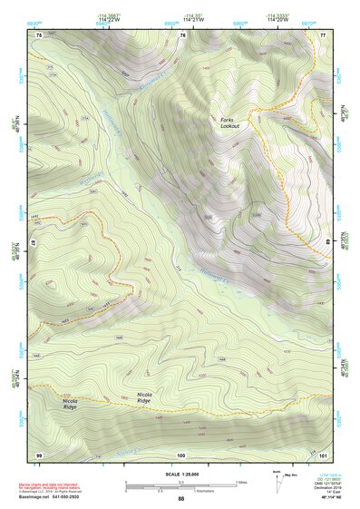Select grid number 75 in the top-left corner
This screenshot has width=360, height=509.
[x=39, y=34]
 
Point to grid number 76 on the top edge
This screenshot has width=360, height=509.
[x=182, y=34]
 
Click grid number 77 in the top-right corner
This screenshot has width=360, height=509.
[x=323, y=34]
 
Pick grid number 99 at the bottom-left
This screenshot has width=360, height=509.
[x=39, y=454]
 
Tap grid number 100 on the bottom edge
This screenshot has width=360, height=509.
[x=181, y=454]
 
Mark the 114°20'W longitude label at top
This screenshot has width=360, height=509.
[x=279, y=20]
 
